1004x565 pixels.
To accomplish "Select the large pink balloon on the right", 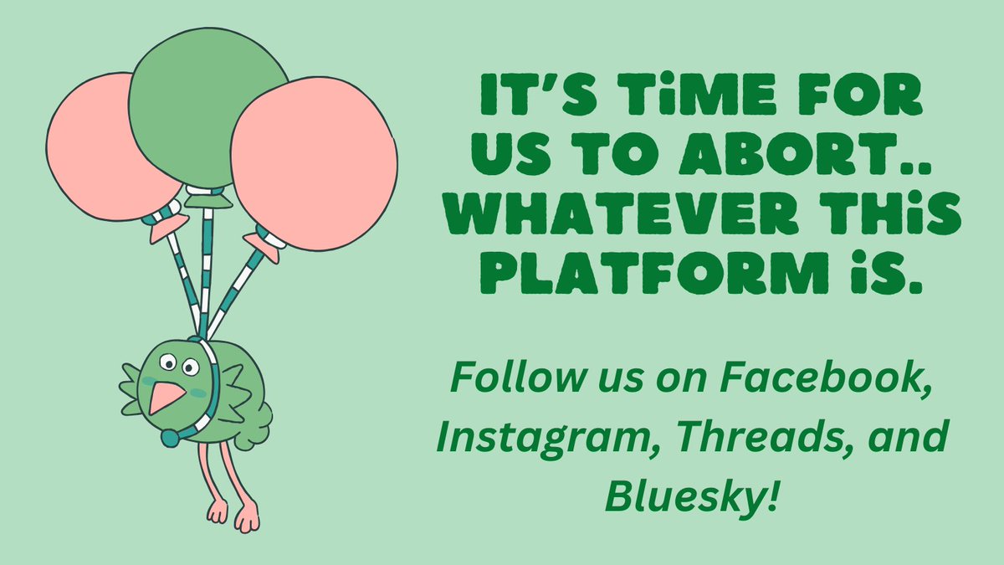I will click(314, 163).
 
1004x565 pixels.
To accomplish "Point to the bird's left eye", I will click(168, 362).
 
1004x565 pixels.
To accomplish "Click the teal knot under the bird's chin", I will click(170, 438).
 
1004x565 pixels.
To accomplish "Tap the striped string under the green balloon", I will click(206, 259).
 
